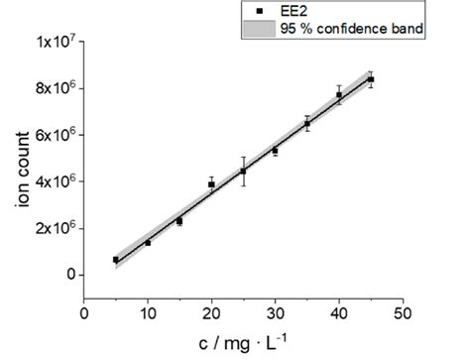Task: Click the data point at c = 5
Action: pos(116,260)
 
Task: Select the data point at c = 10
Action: pos(148,242)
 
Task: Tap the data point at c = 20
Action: pos(211,184)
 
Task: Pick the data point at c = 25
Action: pos(243,171)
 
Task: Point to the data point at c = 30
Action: pos(275,151)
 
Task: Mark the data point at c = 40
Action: pos(338,95)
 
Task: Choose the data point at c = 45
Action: pos(370,79)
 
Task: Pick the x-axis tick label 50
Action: pos(402,314)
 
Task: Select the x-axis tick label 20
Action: pos(211,314)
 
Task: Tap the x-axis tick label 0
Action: pos(84,314)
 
